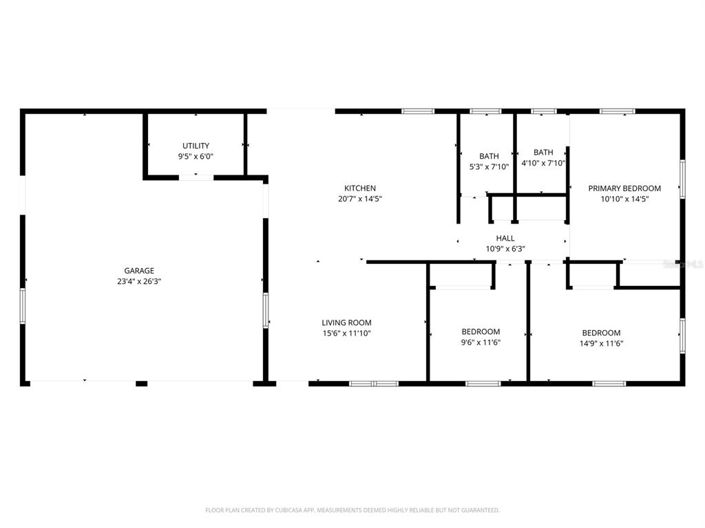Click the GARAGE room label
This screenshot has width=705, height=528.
click(138, 271)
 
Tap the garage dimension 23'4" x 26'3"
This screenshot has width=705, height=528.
click(138, 282)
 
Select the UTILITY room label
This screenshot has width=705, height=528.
click(195, 146)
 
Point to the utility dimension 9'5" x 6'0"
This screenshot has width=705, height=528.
click(195, 157)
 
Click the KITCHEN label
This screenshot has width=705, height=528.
click(360, 188)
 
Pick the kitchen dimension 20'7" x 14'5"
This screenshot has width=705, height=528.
click(360, 199)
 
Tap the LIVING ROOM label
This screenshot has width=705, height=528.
click(346, 322)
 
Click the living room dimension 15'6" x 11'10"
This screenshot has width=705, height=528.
click(346, 333)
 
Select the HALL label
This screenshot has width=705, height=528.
click(505, 238)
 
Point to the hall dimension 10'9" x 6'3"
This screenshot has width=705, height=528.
click(505, 249)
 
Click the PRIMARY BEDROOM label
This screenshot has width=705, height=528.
click(624, 188)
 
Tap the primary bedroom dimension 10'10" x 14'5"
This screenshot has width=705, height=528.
click(624, 199)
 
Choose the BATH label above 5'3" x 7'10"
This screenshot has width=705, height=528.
click(489, 156)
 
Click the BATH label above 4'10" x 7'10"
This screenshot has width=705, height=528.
click(543, 152)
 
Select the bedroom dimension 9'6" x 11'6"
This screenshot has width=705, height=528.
click(480, 343)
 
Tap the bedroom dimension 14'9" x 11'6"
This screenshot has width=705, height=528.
click(601, 343)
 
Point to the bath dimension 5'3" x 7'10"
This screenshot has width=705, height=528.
click(489, 167)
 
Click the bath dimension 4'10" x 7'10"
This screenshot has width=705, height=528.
click(543, 163)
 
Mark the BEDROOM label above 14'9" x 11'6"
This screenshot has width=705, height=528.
click(601, 332)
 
